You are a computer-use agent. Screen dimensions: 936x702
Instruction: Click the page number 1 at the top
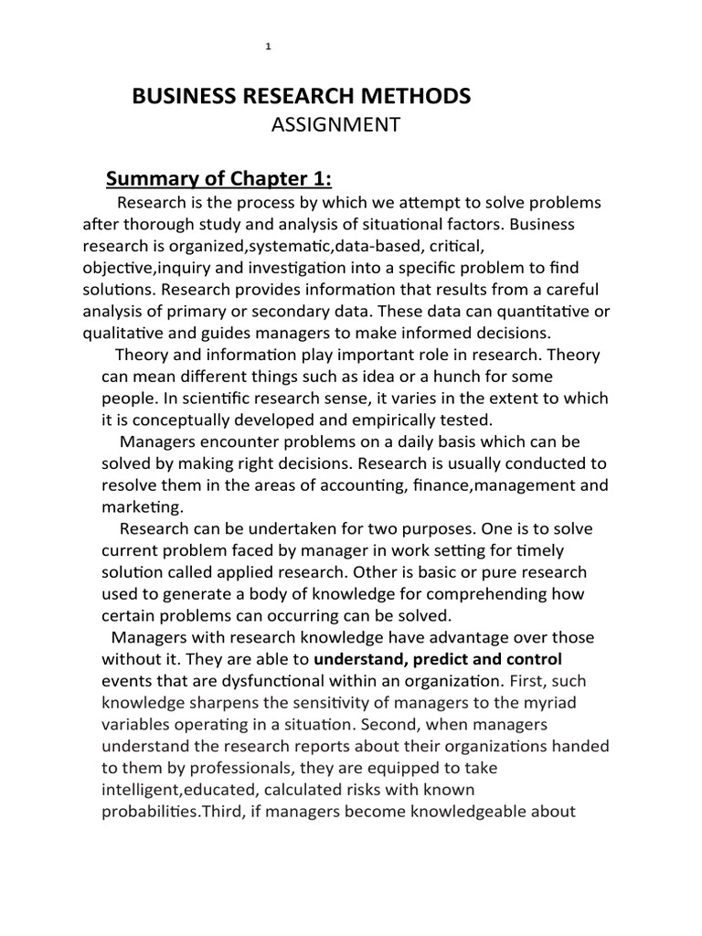(x=268, y=48)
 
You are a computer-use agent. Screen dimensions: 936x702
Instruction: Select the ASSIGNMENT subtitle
(x=335, y=125)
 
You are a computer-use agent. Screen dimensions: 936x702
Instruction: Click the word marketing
(x=141, y=508)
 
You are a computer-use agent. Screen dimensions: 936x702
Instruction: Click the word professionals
(x=262, y=769)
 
